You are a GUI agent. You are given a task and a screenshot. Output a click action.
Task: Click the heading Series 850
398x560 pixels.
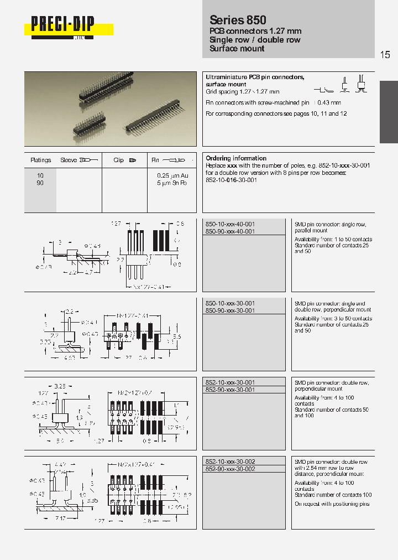click(238, 19)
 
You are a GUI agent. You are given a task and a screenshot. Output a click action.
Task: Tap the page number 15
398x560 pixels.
click(385, 54)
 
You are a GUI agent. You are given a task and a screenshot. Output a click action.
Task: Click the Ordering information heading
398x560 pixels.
click(236, 158)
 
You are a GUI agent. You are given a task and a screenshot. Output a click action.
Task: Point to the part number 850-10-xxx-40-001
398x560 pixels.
click(230, 224)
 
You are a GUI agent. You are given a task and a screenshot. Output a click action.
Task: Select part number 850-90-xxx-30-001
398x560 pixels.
click(230, 311)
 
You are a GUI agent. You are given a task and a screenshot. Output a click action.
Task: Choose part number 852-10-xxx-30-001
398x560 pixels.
click(230, 382)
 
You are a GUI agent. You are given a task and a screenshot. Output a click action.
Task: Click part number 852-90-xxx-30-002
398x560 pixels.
click(230, 469)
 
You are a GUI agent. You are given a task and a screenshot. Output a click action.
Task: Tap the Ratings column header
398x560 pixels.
click(40, 160)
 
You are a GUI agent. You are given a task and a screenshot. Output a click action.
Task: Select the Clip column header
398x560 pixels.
click(118, 160)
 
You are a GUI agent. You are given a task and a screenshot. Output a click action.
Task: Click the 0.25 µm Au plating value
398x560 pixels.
click(172, 175)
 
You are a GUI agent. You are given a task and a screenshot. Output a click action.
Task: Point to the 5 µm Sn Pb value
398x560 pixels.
click(172, 183)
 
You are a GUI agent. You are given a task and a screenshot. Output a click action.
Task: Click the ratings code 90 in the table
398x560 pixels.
click(40, 183)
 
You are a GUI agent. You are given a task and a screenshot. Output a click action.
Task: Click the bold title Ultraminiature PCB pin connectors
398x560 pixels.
click(255, 77)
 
